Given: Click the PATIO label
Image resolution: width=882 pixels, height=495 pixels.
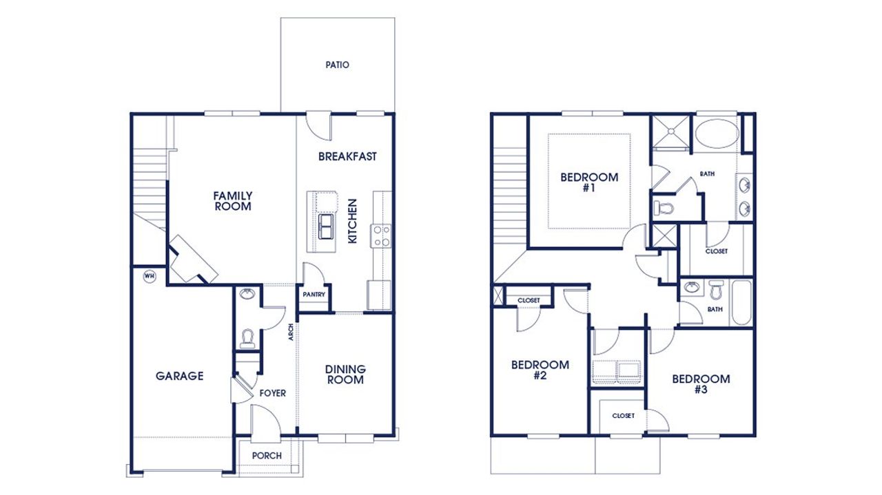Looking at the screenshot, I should coord(337,65).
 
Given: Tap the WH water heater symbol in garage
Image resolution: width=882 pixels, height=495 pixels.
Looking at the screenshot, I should coord(148,276).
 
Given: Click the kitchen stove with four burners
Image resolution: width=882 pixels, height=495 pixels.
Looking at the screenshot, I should coord(381,236).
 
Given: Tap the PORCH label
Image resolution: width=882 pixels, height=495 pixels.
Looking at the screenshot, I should coord(267,456).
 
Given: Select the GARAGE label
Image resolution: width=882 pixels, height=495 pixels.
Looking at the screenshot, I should coord(179,376).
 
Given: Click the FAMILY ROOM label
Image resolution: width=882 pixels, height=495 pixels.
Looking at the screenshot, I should coord(232,200).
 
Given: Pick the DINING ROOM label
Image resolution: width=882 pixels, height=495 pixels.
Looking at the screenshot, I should coord(345,375).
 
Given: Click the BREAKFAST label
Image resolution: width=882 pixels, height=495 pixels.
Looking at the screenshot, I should coord(347,156).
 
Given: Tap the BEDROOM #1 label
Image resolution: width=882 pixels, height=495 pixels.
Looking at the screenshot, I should coord(589,182).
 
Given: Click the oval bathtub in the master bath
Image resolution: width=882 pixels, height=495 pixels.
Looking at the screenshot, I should coord(715,134).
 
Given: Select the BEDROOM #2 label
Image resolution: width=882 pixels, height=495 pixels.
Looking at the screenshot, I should coord(540,370).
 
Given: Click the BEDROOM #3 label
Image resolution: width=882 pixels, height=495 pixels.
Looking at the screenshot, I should coord(701,383).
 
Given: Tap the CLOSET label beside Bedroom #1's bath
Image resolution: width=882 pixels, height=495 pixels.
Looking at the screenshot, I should coord(716,251).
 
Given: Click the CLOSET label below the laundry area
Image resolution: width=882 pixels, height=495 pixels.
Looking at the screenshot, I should coord(623,416).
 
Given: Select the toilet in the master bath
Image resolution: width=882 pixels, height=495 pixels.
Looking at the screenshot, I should coord(664,206).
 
